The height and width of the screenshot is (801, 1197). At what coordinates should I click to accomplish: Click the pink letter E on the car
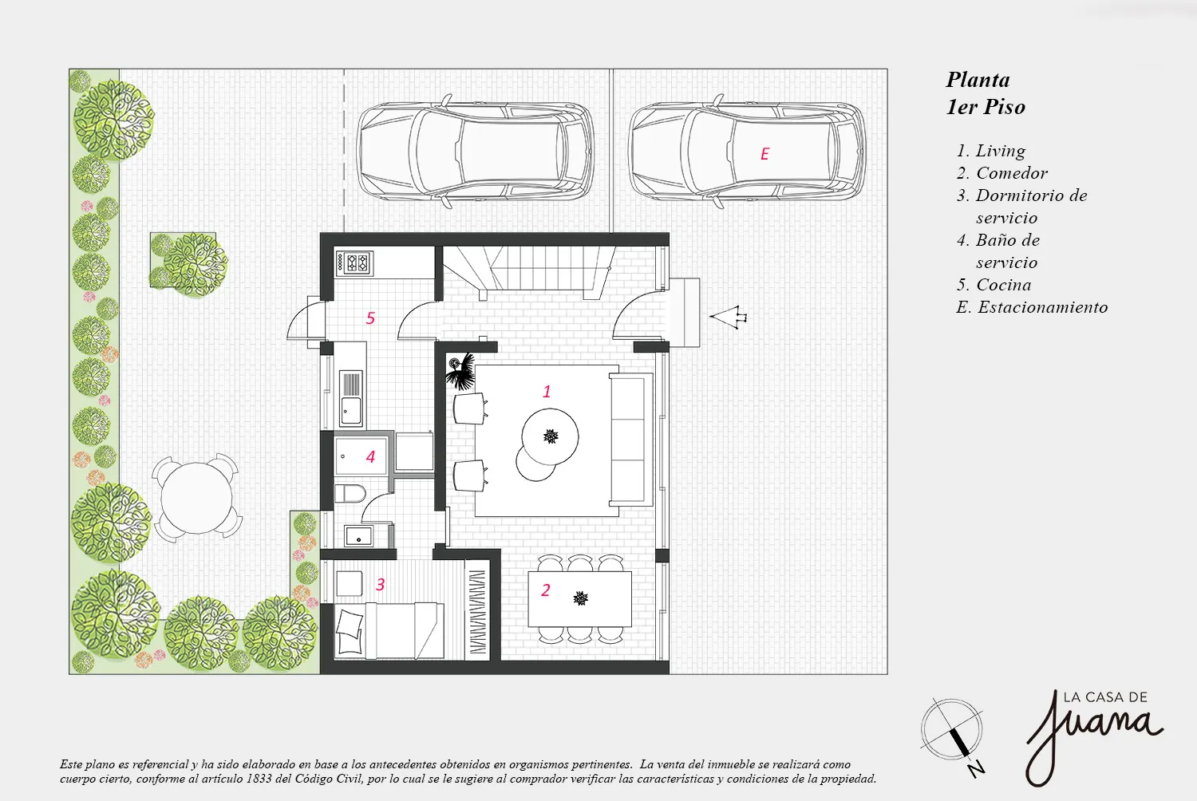click(x=764, y=155)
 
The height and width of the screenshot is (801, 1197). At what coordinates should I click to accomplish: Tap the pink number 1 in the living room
click(x=547, y=392)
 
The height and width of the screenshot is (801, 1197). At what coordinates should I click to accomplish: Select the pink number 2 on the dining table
click(x=546, y=590)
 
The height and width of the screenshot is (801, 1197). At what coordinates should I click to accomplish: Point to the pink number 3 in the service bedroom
click(x=381, y=585)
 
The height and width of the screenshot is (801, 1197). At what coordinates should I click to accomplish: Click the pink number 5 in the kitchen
click(x=370, y=318)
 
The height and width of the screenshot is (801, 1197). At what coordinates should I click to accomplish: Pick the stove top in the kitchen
click(x=354, y=263)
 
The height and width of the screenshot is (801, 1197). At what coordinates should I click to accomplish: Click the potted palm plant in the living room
click(x=460, y=369)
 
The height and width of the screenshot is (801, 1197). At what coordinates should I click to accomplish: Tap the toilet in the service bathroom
click(x=350, y=493)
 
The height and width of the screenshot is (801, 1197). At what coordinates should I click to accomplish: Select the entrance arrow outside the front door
click(x=728, y=317)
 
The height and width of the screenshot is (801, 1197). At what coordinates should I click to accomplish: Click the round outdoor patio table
click(x=196, y=499)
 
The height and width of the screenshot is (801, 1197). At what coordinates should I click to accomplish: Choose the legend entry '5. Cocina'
click(x=994, y=285)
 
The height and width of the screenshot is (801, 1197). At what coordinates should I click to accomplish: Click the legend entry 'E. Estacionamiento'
click(x=1032, y=307)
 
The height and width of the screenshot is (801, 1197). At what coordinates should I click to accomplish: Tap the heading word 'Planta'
click(x=978, y=80)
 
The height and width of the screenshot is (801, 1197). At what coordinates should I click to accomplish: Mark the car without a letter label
click(x=475, y=152)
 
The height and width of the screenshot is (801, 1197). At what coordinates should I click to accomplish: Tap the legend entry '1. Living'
click(x=991, y=152)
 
